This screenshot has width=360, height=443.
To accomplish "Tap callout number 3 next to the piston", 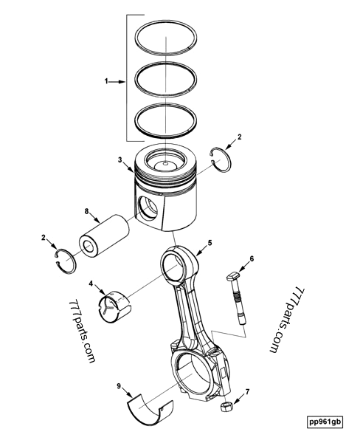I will click(119, 159).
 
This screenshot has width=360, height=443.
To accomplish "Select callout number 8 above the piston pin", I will click(86, 212).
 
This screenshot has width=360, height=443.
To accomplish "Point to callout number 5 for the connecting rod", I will click(210, 242).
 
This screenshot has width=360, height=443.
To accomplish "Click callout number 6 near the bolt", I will click(252, 258).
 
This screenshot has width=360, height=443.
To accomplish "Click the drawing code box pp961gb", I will click(325, 422).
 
